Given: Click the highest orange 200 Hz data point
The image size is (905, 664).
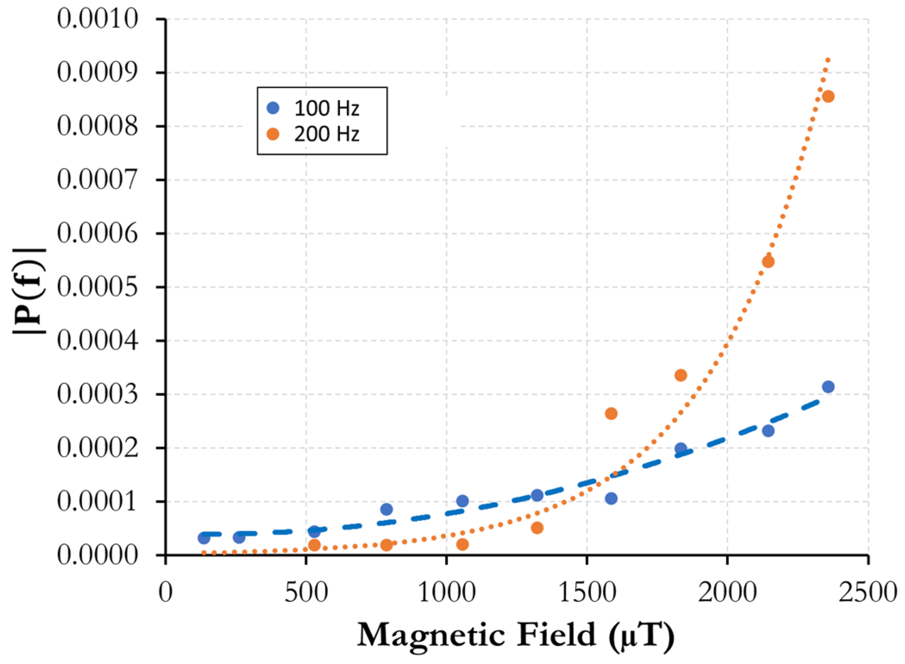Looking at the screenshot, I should [827, 97].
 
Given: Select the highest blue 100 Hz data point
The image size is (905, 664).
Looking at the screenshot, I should [827, 387].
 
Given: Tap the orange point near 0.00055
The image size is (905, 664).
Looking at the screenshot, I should [768, 262].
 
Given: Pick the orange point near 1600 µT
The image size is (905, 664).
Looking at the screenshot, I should [611, 414].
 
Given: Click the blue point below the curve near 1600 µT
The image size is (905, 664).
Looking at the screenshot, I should [611, 499].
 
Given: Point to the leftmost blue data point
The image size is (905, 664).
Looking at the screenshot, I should [204, 538].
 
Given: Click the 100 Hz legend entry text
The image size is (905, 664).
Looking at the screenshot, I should [326, 108].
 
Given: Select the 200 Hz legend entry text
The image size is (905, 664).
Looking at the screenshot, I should [326, 134].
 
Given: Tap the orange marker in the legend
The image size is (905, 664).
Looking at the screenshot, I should [273, 134].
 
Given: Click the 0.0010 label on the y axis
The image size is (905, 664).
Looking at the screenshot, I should [97, 19].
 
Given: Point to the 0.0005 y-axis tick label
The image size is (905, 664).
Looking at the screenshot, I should [97, 287].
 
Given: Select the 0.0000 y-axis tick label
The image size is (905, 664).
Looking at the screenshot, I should [97, 555].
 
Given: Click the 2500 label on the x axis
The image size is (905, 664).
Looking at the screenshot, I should [867, 592].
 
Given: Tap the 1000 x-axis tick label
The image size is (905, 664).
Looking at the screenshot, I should [447, 592].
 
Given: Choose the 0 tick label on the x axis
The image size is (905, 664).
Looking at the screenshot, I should [166, 592].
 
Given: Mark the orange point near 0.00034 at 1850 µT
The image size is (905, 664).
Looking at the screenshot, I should [680, 375].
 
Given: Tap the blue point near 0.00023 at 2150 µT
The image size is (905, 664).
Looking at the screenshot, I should [768, 430].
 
